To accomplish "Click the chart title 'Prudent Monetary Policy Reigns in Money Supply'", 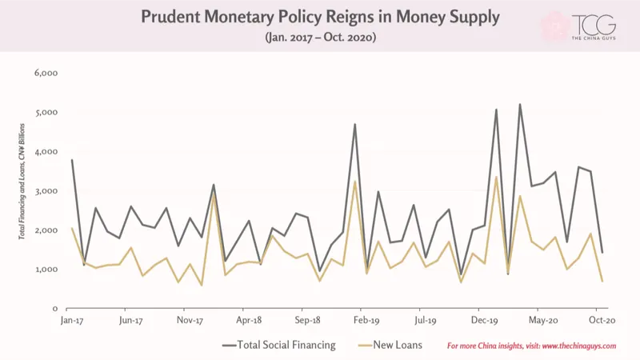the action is pos(321,17).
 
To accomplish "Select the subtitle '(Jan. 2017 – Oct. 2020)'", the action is pos(321,37).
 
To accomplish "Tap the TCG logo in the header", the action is pos(593,26).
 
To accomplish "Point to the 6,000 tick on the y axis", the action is pos(46,73).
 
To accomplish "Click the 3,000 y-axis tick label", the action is pos(46,191).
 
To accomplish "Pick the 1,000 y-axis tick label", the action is pos(46,270).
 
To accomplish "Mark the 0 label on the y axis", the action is pos(55,309).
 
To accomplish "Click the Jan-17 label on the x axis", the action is pos(72,321).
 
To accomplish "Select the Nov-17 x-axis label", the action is pos(190,321).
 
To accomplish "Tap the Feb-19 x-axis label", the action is pos(366,321).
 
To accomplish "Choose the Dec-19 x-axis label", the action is pos(485,321).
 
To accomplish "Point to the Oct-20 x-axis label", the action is pos(602,321).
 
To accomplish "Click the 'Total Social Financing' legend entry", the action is pos(279,346).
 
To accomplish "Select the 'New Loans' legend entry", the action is pos(390,346).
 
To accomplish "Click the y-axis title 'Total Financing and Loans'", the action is pos(22,182).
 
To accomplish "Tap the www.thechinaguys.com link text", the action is pos(579,346).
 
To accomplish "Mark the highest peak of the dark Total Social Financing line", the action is pos(519,104).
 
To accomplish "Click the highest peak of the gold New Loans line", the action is pos(496,177).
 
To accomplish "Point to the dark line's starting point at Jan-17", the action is pos(72,159).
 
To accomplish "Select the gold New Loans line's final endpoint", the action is pos(602,282).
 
